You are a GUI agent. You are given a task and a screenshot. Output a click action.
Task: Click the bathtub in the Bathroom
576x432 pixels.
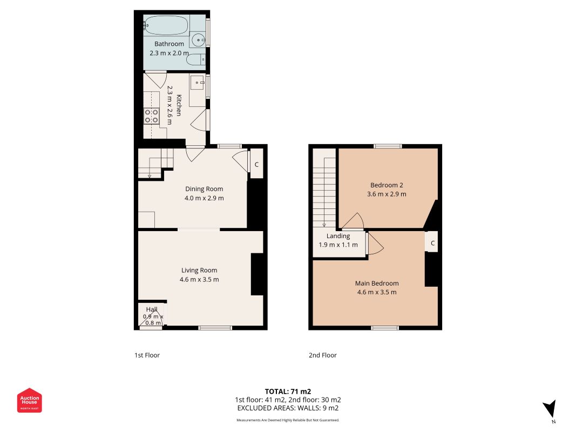(166, 25)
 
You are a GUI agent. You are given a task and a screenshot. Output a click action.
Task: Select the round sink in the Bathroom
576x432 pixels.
(199, 39)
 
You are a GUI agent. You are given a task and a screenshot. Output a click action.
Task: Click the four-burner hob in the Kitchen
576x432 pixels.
(151, 116)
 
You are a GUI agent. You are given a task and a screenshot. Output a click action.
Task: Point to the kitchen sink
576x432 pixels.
(198, 83)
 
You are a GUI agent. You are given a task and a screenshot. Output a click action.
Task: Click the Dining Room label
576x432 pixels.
(204, 189)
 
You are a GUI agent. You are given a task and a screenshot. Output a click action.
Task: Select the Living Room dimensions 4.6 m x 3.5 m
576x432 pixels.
(199, 280)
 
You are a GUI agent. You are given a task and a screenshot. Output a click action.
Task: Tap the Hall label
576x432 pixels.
(152, 309)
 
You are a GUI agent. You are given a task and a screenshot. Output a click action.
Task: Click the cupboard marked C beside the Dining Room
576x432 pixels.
(256, 164)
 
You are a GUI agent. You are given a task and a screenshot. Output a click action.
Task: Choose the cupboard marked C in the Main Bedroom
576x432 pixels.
(432, 243)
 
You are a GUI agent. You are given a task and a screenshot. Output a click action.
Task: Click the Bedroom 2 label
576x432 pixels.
(387, 185)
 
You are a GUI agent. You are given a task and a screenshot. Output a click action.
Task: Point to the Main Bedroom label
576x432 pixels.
(377, 283)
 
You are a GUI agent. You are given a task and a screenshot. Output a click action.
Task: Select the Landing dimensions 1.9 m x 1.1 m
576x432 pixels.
(338, 245)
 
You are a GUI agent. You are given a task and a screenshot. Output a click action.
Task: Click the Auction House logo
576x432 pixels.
(29, 400)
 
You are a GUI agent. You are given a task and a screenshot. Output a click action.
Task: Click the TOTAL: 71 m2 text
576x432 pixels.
(288, 391)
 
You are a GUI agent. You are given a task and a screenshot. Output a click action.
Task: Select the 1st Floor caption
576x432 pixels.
(147, 355)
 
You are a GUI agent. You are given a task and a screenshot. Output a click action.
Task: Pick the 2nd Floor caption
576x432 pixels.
(322, 355)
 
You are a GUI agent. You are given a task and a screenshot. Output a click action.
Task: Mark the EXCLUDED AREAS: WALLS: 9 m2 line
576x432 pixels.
(288, 408)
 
